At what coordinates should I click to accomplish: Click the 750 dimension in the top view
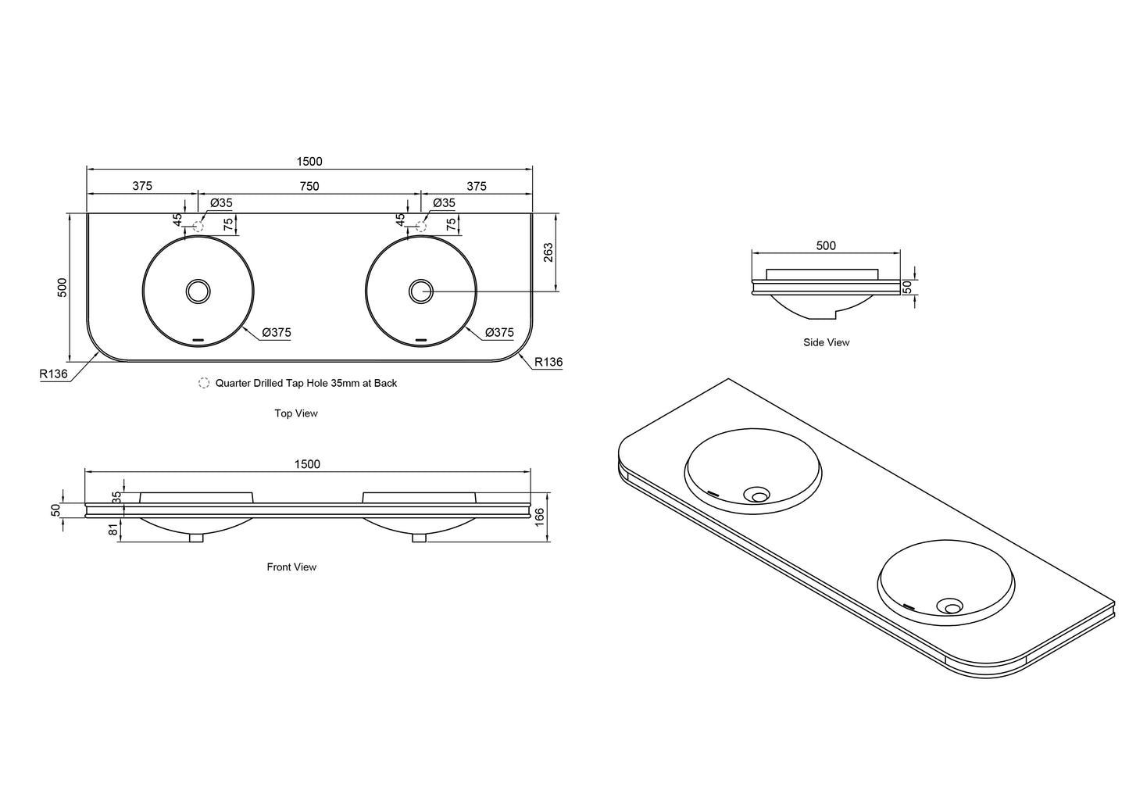(x=309, y=186)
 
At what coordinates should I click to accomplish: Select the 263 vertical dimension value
(x=548, y=252)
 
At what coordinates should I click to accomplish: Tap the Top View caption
(x=296, y=413)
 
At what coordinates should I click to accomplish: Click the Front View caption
(x=291, y=567)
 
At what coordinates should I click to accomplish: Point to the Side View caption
(x=826, y=342)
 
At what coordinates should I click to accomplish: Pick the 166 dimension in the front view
(x=539, y=517)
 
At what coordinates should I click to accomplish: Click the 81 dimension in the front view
(x=113, y=529)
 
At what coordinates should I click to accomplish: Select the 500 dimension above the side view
(x=826, y=245)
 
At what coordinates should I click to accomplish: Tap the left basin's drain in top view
(x=198, y=291)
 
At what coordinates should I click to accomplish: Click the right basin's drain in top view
(x=421, y=291)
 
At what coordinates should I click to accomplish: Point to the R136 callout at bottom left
(x=53, y=374)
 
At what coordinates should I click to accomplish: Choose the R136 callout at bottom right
(x=548, y=362)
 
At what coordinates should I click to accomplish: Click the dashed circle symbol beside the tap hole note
(x=204, y=383)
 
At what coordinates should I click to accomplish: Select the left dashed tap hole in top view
(x=198, y=227)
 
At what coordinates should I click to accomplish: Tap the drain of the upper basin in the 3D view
(x=757, y=495)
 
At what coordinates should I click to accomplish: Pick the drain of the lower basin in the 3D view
(x=949, y=606)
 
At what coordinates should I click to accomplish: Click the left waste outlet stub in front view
(x=196, y=538)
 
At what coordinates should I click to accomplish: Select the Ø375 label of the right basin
(x=499, y=332)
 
